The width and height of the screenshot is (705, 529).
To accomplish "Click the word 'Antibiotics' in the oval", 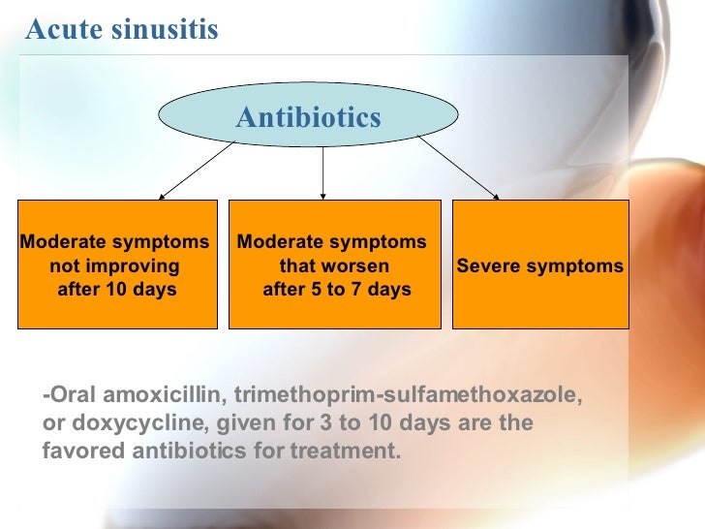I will click(308, 118).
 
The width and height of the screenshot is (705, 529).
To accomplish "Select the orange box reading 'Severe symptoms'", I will click(540, 264).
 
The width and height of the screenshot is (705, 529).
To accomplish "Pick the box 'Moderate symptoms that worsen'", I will click(334, 264).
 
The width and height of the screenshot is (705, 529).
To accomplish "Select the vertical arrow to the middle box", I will click(322, 173).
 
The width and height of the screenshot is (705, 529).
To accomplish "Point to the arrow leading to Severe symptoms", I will click(459, 171).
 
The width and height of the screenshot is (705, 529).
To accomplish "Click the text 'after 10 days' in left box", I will click(117, 290).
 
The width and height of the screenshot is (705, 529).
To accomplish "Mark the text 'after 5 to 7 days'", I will click(336, 290).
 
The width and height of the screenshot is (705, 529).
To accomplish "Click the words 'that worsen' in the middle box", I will click(334, 265).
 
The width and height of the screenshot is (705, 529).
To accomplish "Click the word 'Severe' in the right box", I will click(489, 265).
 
